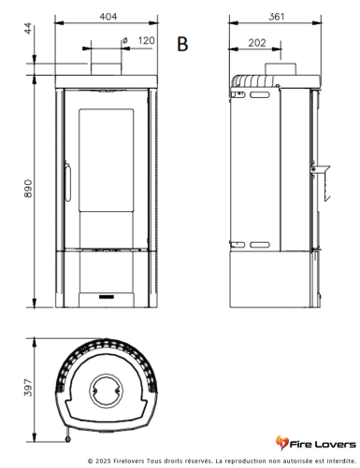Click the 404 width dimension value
click(x=108, y=17)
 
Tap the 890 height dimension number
click(x=28, y=189)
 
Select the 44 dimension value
click(x=28, y=28)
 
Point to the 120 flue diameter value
click(x=146, y=40)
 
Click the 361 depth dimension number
click(x=277, y=17)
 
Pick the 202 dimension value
click(x=257, y=43)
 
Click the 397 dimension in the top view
click(x=28, y=388)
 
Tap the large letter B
click(x=182, y=44)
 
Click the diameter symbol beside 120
click(x=125, y=41)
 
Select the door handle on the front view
click(x=67, y=181)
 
